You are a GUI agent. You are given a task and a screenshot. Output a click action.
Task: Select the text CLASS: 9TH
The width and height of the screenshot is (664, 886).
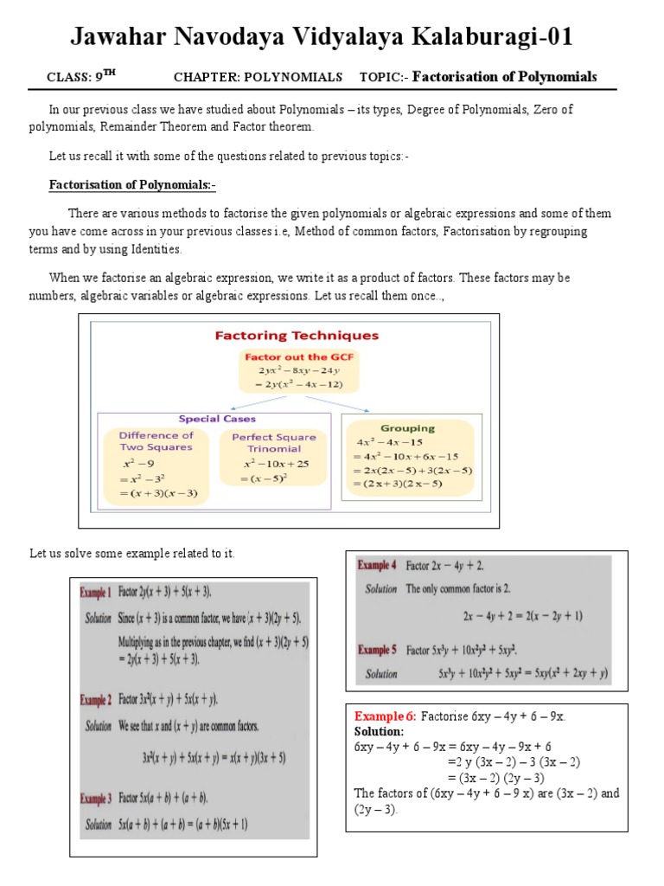pyautogui.click(x=81, y=77)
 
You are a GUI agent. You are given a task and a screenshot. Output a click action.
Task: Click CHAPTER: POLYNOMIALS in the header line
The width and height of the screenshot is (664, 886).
pyautogui.click(x=258, y=77)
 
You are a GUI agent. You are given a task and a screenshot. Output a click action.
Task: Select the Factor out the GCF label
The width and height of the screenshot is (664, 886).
pyautogui.click(x=299, y=356)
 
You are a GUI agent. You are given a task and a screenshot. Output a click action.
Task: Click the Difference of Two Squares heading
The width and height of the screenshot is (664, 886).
pyautogui.click(x=156, y=441)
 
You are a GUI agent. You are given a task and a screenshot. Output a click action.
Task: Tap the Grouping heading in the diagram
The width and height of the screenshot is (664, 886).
pyautogui.click(x=407, y=427)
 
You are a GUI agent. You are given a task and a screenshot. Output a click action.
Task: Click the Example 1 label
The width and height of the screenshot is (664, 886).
pyautogui.click(x=95, y=593)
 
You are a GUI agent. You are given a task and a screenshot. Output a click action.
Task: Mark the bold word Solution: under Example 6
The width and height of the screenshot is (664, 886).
pyautogui.click(x=379, y=731)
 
